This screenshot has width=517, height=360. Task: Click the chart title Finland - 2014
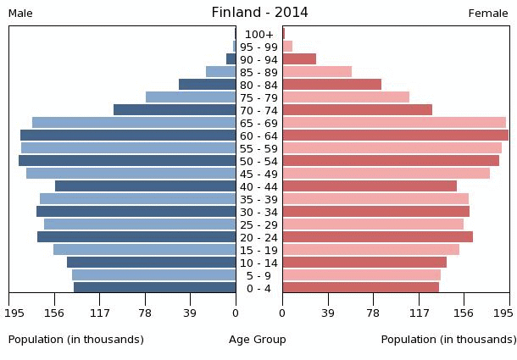point(259,12)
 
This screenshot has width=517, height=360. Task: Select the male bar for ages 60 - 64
point(128,136)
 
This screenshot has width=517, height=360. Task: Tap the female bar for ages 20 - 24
point(377,237)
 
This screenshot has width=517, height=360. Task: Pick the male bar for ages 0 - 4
point(154,288)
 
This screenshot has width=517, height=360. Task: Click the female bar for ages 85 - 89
point(317,72)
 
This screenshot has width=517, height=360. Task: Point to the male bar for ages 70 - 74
point(175,110)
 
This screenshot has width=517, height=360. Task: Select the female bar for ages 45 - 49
point(386,174)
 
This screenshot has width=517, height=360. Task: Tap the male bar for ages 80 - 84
point(207,85)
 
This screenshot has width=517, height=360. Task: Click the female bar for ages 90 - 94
point(299,59)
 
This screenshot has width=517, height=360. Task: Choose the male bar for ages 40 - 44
point(145,186)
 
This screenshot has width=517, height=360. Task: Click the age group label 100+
point(258,34)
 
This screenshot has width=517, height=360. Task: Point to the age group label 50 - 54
point(258,161)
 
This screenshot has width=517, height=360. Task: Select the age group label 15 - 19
point(258,250)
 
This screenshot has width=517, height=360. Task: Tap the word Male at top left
point(20,14)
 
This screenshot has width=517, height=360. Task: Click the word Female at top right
point(488,14)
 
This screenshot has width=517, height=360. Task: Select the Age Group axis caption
point(258,340)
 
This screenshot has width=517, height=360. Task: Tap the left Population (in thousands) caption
point(75,340)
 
